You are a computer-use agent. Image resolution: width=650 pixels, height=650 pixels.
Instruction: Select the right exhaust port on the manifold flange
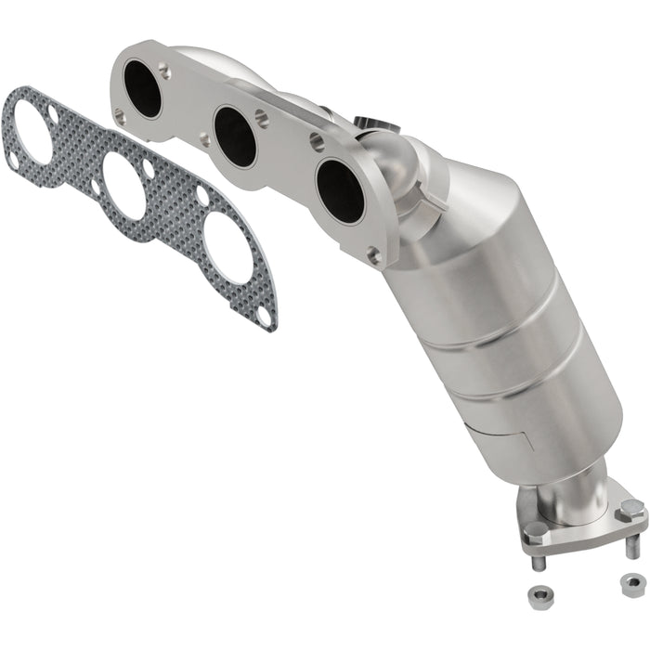tap(339, 190)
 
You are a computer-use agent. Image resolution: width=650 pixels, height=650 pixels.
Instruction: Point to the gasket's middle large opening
tap(123, 185)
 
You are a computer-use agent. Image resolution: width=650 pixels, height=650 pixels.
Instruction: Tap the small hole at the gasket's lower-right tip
tap(265, 317)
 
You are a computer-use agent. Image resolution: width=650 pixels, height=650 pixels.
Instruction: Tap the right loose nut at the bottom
tap(631, 583)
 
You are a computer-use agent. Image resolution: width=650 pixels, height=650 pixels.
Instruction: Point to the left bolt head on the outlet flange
tap(536, 532)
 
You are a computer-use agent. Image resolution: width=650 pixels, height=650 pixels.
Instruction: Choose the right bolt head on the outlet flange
tap(630, 508)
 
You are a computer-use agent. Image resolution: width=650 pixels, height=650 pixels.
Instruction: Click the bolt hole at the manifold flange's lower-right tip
tap(373, 253)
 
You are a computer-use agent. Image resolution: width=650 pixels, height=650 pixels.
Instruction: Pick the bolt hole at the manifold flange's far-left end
tap(119, 115)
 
